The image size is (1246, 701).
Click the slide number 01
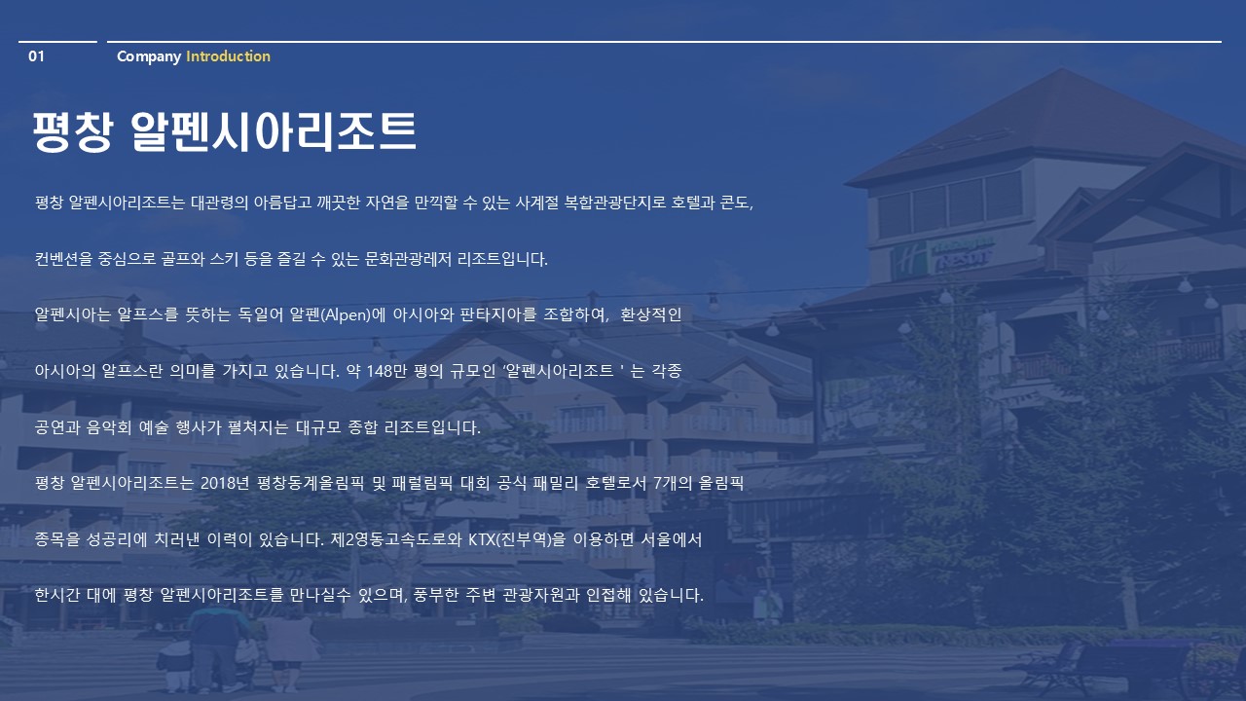36,56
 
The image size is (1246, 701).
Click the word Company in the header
149,56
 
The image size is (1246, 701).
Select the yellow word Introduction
228,56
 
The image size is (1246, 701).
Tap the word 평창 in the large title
73,131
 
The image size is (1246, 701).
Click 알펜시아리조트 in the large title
274,131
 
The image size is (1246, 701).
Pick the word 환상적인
650,314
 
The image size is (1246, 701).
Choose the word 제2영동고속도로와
396,539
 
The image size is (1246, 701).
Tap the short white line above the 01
57,42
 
